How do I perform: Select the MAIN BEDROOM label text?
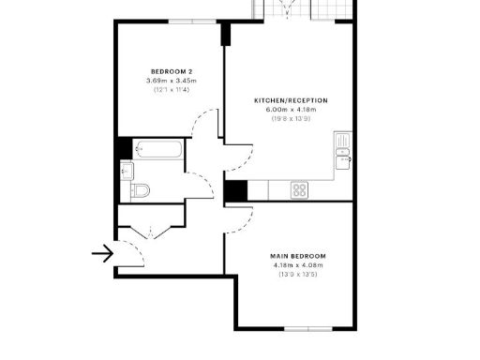coord(297,256)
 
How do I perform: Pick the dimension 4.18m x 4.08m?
coord(297,265)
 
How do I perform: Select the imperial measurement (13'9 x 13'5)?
coord(297,275)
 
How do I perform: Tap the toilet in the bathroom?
coord(139,191)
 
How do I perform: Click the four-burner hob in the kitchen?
coord(300,189)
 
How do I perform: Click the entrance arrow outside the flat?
coord(101,252)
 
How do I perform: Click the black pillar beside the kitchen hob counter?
coord(234,189)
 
